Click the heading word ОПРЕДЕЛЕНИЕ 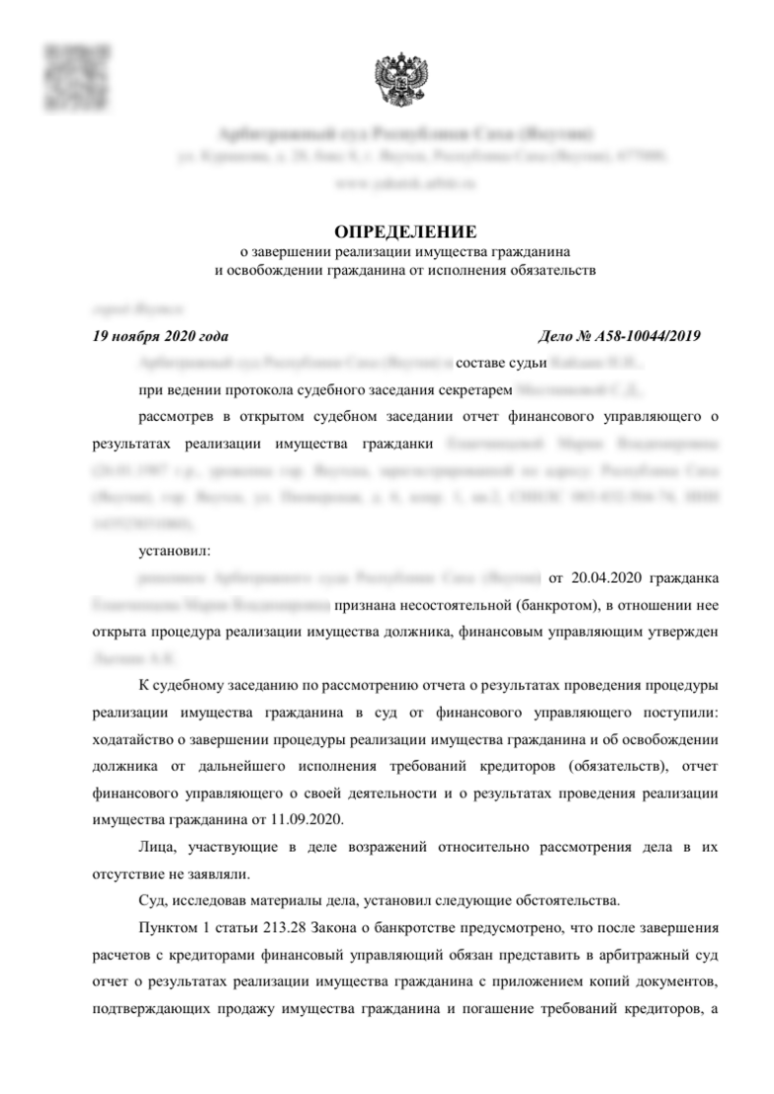[x=405, y=232]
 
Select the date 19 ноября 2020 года [x=160, y=335]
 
